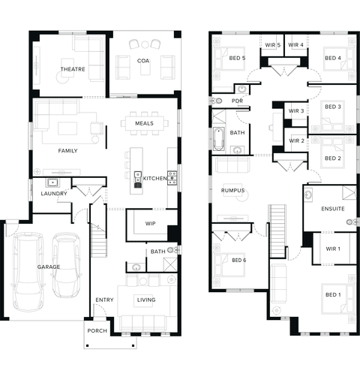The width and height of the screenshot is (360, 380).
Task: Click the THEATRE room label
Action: (73, 69)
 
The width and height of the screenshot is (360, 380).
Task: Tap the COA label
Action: (143, 61)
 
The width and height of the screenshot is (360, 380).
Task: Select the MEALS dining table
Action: (145, 123)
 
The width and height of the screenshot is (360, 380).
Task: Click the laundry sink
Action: (52, 182)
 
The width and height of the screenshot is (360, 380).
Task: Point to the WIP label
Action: (150, 223)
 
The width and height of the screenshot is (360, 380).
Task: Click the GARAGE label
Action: (49, 267)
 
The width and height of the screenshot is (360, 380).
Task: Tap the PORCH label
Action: (97, 330)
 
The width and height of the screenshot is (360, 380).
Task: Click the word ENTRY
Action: (104, 300)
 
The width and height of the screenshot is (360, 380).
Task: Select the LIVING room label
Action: (146, 300)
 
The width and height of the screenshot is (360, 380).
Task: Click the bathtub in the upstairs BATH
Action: (219, 139)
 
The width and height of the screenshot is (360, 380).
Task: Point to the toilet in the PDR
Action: (217, 101)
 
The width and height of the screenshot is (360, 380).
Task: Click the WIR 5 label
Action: (273, 45)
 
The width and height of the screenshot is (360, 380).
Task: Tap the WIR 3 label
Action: (296, 111)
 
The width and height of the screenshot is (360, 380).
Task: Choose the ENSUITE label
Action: (333, 209)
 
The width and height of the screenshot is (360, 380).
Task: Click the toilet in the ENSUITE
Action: (352, 222)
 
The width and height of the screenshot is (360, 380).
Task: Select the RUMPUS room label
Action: (232, 191)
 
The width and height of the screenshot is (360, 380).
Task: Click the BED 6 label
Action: (239, 261)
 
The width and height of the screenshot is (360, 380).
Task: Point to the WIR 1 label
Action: (333, 249)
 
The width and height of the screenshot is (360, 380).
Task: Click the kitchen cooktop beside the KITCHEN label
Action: (172, 178)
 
